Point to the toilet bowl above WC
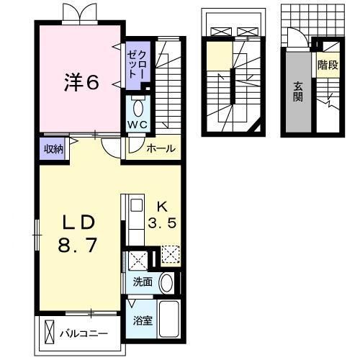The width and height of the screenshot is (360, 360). tap(138, 108)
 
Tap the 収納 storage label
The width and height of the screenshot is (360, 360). tap(54, 149)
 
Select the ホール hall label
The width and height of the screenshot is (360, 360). tap(160, 149)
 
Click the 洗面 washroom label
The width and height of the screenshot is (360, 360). tap(142, 282)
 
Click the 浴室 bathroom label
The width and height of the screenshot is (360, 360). tap(142, 321)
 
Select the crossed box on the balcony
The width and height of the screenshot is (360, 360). tap(49, 335)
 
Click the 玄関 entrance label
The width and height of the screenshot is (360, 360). tap(297, 92)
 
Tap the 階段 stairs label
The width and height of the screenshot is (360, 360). tap(328, 65)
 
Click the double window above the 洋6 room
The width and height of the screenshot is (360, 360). tap(78, 12)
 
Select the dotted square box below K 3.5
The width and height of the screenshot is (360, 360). tap(170, 255)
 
